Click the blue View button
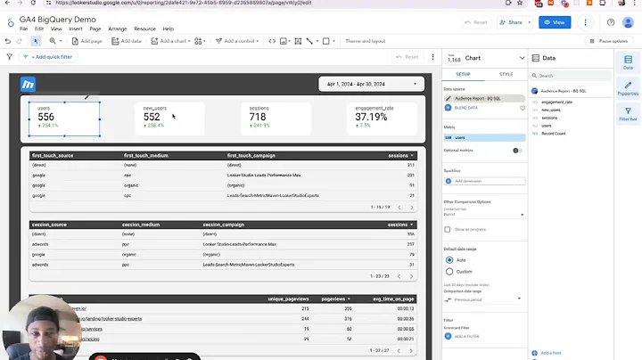pos(555,22)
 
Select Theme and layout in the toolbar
pos(365,41)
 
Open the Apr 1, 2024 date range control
pos(370,84)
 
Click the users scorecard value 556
pos(45,117)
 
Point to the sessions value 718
pos(258,117)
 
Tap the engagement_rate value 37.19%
pos(371,117)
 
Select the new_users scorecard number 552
pos(152,117)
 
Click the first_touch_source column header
pos(53,155)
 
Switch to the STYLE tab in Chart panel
pos(506,75)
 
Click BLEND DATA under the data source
pos(467,107)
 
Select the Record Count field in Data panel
pos(553,134)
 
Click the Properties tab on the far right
pos(628,87)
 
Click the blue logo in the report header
pos(29,84)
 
